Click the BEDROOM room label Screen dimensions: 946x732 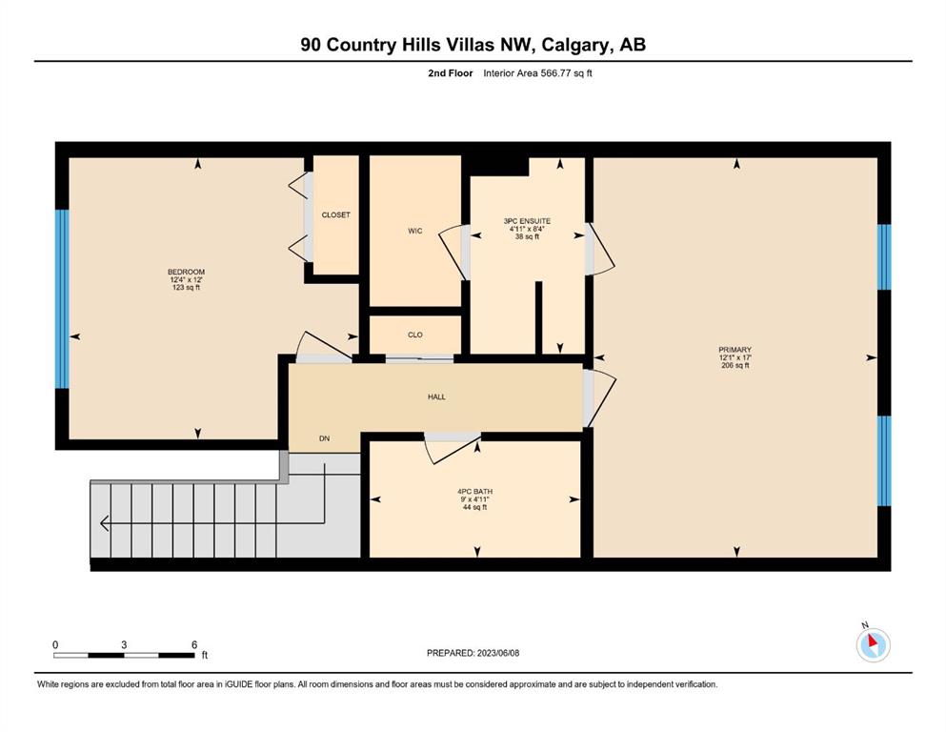[186, 273]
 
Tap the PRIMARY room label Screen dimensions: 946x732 [735, 350]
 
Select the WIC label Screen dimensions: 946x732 [415, 231]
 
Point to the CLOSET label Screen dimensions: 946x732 [335, 214]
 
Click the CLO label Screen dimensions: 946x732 [415, 335]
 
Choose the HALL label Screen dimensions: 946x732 [437, 397]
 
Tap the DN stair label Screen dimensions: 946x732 [325, 438]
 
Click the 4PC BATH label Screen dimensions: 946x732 [474, 492]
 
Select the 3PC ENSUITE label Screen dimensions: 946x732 [527, 221]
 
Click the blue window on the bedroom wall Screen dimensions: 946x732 [62, 298]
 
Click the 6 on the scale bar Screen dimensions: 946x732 [194, 644]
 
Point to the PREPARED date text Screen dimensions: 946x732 [473, 653]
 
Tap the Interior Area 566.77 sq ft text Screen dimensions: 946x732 [537, 73]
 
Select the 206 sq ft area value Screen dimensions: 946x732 [735, 366]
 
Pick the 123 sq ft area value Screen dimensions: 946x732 [186, 288]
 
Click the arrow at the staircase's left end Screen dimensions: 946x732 [105, 523]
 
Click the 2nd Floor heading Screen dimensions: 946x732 [450, 73]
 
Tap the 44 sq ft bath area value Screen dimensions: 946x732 [474, 507]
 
